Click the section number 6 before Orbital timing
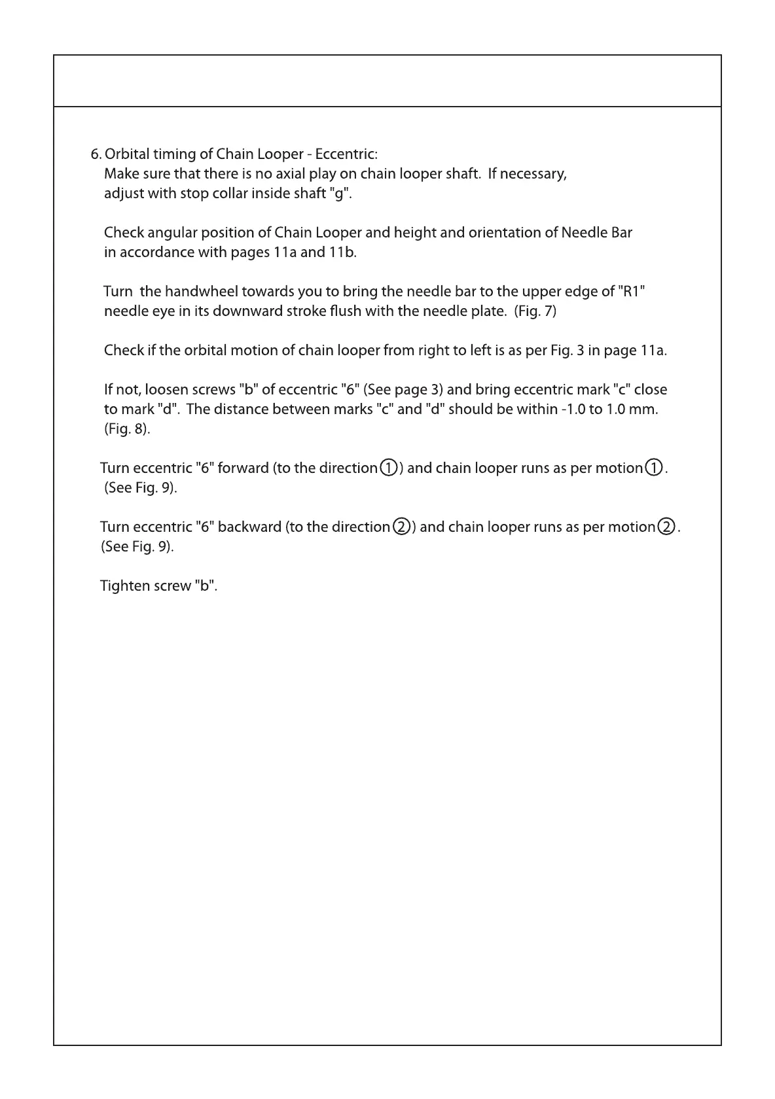pyautogui.click(x=94, y=155)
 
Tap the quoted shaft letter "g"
pyautogui.click(x=338, y=194)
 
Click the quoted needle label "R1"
pyautogui.click(x=632, y=292)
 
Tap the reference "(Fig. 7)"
pyautogui.click(x=535, y=311)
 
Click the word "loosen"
pyautogui.click(x=166, y=390)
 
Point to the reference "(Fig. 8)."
pyautogui.click(x=127, y=429)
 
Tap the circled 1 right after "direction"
pyautogui.click(x=388, y=468)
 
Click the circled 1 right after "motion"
pyautogui.click(x=654, y=468)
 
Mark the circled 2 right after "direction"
pyautogui.click(x=401, y=527)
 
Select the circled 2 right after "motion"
pyautogui.click(x=666, y=527)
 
